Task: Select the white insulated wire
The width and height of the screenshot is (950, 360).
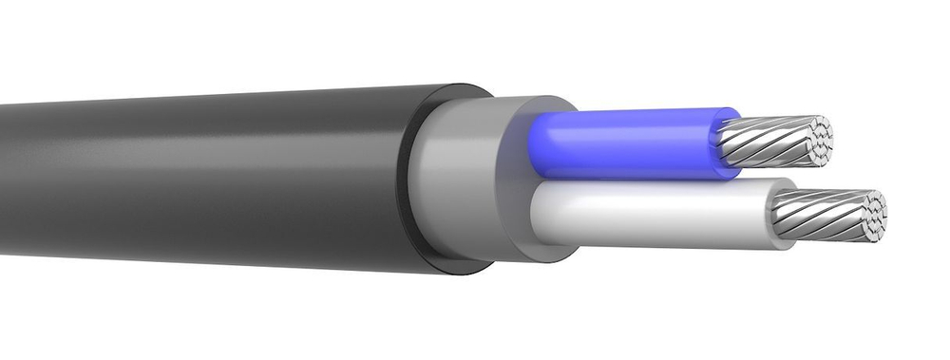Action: (x=655, y=214)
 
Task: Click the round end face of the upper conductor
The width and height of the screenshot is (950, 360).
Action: (x=813, y=135)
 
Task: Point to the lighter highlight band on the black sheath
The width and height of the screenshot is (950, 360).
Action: (x=190, y=142)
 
